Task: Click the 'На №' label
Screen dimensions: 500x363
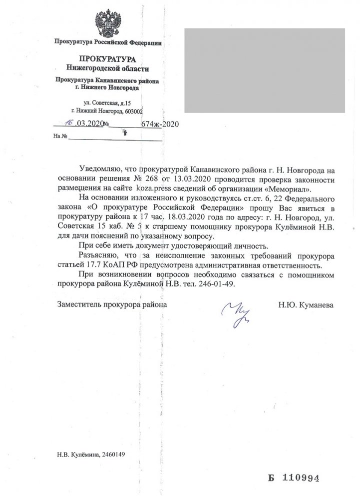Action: coord(60,136)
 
